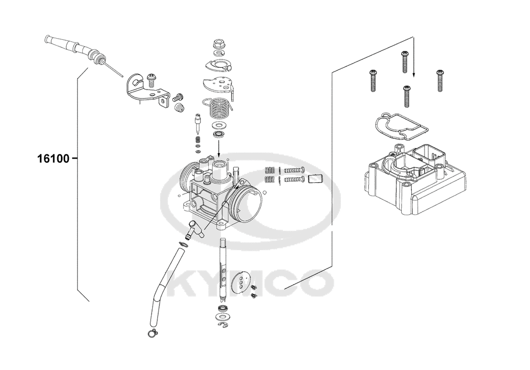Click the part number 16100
point(53,158)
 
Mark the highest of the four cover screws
point(405,61)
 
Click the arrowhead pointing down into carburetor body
point(218,153)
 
